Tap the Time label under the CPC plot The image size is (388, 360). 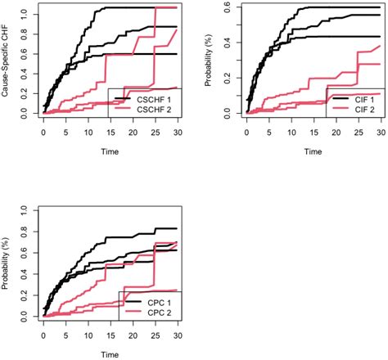[111, 355]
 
